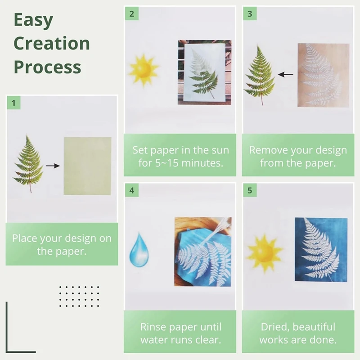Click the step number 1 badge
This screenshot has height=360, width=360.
13,103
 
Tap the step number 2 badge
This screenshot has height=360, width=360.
131,14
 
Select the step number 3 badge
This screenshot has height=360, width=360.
250,14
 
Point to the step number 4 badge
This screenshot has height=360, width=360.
131,191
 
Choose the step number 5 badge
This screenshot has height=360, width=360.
250,191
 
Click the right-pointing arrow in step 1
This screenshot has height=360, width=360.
53,166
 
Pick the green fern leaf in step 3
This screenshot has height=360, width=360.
260,75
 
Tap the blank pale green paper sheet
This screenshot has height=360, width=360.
87,166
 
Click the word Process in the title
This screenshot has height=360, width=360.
47,67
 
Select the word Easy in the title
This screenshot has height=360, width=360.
33,20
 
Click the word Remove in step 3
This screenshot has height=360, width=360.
269,150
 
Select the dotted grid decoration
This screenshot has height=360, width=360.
79,296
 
